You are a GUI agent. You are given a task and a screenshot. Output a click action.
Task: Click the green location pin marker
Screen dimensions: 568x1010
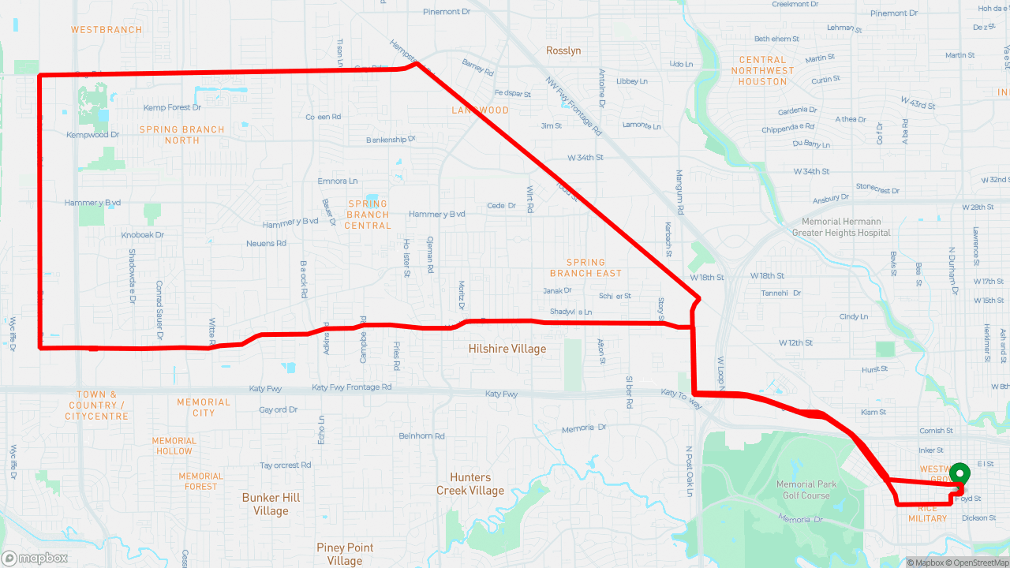959,473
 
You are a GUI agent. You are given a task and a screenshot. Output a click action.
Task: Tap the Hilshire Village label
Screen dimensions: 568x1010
507,349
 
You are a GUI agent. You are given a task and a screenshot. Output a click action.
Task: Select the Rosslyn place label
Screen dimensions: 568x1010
563,50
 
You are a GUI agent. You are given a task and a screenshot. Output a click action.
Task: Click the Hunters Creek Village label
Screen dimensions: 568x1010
470,484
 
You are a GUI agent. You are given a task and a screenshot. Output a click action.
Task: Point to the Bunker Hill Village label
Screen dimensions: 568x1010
271,504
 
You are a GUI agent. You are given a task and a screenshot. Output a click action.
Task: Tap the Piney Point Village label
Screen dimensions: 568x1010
345,554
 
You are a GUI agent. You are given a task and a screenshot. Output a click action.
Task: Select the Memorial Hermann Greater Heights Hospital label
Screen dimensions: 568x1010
841,227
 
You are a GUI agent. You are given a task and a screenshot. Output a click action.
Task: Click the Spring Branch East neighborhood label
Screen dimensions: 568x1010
585,267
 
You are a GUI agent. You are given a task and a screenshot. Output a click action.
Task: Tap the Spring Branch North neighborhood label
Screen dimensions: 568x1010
182,135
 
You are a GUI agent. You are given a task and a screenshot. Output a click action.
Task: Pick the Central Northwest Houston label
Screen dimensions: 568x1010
762,70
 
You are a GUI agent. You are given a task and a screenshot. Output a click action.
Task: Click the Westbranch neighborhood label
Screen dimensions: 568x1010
107,30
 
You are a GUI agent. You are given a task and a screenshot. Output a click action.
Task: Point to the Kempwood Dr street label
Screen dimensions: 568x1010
92,135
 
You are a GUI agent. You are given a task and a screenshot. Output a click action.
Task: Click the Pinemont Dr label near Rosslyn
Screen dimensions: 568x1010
447,12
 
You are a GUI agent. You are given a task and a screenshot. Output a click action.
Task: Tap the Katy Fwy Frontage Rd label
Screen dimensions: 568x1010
351,387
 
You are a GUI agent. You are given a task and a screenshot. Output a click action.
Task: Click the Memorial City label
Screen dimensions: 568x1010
204,407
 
